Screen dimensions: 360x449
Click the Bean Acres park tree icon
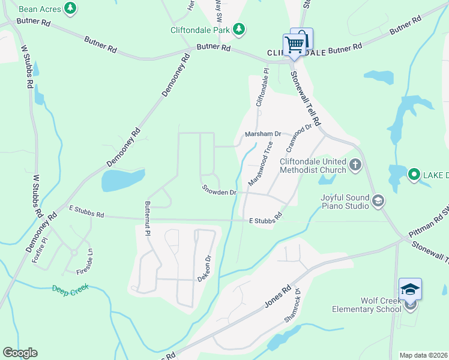71,8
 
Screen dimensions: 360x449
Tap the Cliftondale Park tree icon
239,29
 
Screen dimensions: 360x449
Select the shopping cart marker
294,44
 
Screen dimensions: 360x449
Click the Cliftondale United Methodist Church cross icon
355,164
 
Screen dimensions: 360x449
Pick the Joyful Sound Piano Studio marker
378,200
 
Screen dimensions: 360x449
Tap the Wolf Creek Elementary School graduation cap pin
410,290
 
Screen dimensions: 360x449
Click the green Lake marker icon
414,175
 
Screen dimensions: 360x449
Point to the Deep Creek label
70,288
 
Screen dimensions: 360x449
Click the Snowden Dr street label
219,192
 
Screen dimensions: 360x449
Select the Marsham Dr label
263,134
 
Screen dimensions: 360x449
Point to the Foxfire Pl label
40,253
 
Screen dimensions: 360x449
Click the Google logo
20,353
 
